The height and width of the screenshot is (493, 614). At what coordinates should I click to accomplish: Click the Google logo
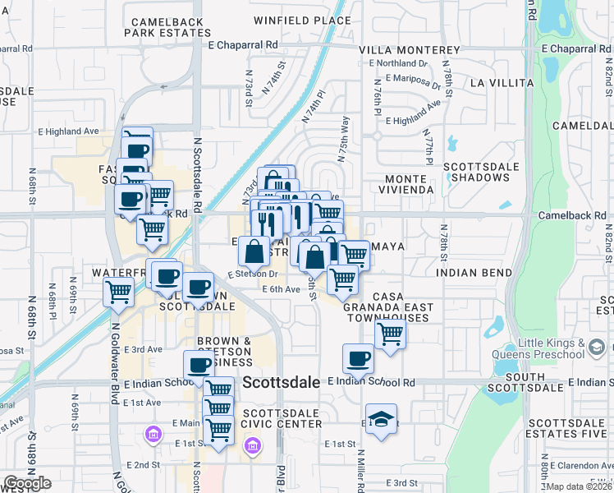click(x=28, y=483)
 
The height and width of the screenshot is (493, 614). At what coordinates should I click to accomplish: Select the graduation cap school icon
click(x=381, y=420)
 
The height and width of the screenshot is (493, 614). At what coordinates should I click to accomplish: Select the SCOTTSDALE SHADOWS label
click(x=481, y=172)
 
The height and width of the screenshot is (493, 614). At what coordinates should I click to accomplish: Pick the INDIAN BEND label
click(x=469, y=272)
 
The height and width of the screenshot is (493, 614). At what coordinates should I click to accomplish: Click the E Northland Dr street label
click(x=399, y=62)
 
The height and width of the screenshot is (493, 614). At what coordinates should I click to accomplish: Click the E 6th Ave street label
click(x=282, y=289)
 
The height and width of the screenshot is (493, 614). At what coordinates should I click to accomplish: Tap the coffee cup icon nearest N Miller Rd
click(x=358, y=359)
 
